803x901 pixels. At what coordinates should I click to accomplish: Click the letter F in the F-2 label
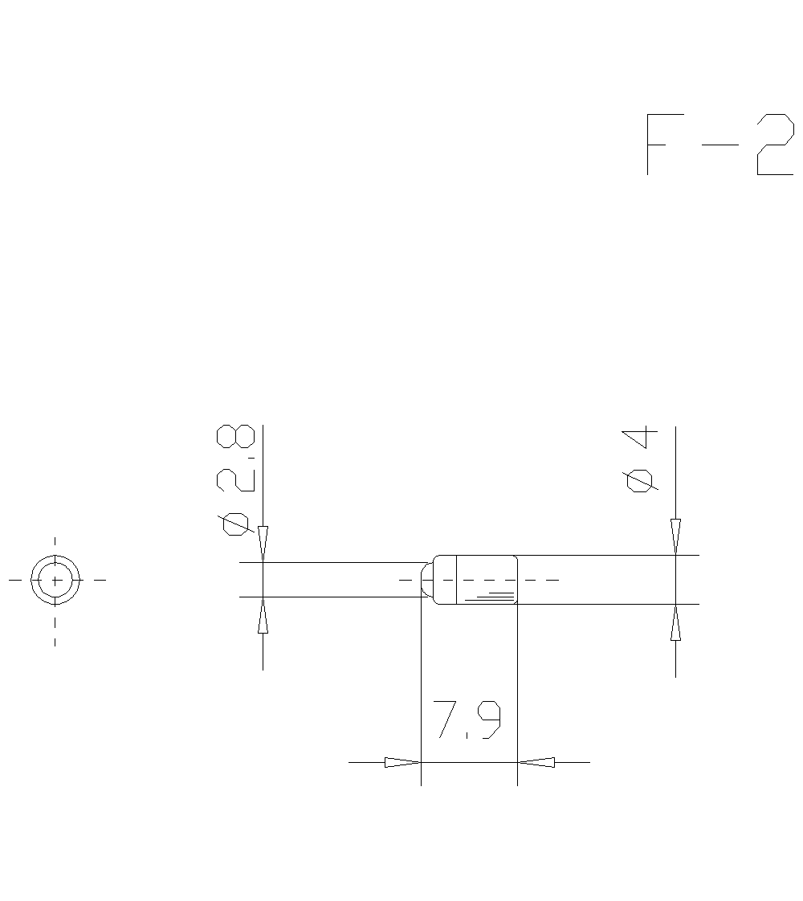click(x=658, y=145)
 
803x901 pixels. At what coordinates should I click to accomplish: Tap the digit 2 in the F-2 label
click(x=774, y=145)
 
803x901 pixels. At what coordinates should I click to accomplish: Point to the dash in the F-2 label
click(x=719, y=145)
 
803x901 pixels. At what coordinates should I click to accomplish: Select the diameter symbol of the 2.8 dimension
click(x=236, y=524)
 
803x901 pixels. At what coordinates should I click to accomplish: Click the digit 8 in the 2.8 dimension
click(x=236, y=437)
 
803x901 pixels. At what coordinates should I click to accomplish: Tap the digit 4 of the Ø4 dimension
click(x=640, y=438)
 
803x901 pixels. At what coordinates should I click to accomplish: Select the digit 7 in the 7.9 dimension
click(x=446, y=720)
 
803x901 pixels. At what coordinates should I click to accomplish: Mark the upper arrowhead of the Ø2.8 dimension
click(x=263, y=544)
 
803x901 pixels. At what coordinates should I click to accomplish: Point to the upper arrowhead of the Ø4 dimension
click(x=675, y=536)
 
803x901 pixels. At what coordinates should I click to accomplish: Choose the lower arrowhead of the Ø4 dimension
click(x=675, y=622)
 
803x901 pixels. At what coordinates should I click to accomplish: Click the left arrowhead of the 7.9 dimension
click(x=402, y=762)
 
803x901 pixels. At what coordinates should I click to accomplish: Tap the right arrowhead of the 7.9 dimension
click(x=536, y=762)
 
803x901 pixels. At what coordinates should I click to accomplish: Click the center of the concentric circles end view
click(x=55, y=579)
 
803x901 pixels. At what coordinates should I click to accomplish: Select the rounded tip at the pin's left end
click(x=427, y=579)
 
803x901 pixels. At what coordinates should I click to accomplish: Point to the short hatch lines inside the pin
click(x=491, y=596)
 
